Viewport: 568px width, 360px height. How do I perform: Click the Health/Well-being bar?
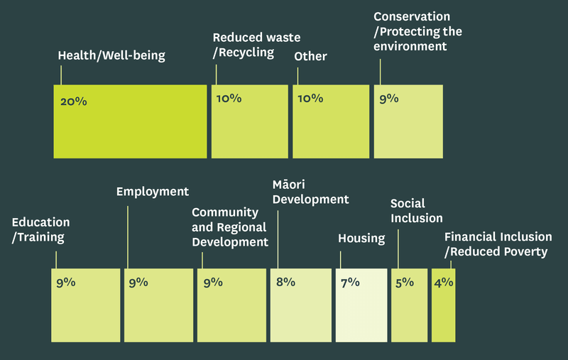coord(130,121)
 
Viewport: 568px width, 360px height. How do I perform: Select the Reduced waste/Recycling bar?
coord(249,121)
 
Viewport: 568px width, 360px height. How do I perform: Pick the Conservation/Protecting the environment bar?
coord(408,121)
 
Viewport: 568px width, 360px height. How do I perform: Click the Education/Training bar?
coord(86,305)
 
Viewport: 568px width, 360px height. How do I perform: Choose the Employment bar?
coord(158,305)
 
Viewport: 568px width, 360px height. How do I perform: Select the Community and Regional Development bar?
coord(231,305)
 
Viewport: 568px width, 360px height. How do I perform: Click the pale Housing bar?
coord(361,305)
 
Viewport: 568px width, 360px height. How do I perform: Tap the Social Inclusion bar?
coord(409,305)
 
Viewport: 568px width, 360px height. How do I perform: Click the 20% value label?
coord(73,102)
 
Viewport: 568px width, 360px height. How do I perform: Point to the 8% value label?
coord(285,282)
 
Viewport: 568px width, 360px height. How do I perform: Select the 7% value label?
coord(350,282)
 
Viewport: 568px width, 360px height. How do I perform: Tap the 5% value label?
coord(404,282)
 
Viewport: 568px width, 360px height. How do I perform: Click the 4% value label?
coord(444,282)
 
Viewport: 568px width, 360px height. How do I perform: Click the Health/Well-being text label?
coord(111,55)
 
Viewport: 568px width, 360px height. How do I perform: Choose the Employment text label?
coord(153,191)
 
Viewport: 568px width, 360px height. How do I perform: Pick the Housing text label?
coord(361,239)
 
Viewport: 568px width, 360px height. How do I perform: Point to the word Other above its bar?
coord(310,56)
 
